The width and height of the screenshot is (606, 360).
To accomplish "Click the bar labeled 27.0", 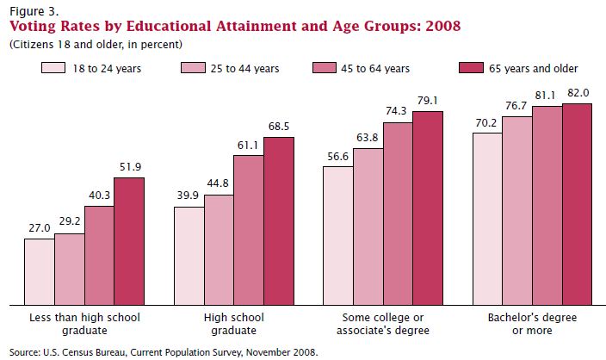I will pyautogui.click(x=39, y=271).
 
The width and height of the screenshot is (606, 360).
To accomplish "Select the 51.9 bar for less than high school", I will pyautogui.click(x=129, y=241).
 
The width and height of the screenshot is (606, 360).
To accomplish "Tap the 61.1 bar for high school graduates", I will pyautogui.click(x=249, y=229).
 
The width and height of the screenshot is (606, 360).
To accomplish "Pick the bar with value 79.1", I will pyautogui.click(x=428, y=208).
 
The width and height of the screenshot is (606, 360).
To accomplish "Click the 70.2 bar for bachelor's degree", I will pyautogui.click(x=487, y=219).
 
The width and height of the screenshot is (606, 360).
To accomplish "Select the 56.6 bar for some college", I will pyautogui.click(x=337, y=235).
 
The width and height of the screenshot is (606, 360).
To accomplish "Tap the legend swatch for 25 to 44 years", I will pyautogui.click(x=191, y=67).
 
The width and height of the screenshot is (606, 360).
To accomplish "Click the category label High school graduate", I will pyautogui.click(x=233, y=324).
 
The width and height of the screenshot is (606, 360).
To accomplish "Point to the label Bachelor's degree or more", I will pyautogui.click(x=533, y=324).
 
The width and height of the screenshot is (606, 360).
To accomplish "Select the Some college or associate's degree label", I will pyautogui.click(x=383, y=324).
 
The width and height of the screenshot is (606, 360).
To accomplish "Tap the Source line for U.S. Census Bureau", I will pyautogui.click(x=163, y=351).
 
